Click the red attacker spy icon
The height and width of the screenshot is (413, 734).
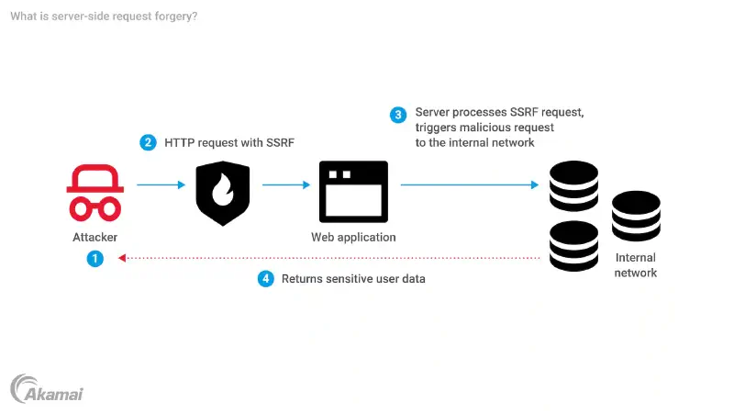click(x=95, y=192)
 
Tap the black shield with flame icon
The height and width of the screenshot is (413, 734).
click(x=223, y=193)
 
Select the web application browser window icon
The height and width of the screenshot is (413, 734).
click(x=353, y=192)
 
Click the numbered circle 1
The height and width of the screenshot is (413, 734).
click(x=95, y=259)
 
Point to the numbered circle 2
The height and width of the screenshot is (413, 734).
click(x=148, y=142)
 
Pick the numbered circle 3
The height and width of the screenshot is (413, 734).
click(x=398, y=115)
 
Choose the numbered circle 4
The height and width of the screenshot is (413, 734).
click(x=266, y=278)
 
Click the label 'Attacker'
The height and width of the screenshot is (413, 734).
click(x=95, y=237)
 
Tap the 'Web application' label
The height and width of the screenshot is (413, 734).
click(x=353, y=237)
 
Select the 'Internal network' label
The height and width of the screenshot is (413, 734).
click(x=636, y=265)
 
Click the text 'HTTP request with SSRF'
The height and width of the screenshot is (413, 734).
click(x=228, y=142)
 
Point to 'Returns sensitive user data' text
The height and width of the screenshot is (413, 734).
click(x=353, y=278)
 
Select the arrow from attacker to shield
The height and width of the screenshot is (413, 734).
click(x=161, y=184)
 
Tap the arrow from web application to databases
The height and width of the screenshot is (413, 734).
click(x=469, y=184)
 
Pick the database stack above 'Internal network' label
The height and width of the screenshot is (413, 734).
click(x=637, y=217)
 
